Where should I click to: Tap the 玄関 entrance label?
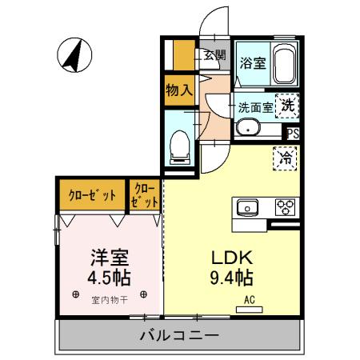tap(214, 55)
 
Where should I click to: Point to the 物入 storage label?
tap(178, 89)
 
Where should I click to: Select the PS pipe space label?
tap(294, 134)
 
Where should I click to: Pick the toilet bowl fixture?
tap(180, 144)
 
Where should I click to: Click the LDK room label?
tap(231, 258)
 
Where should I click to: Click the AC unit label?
tap(249, 302)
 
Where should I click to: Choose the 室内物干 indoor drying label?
tap(109, 301)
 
